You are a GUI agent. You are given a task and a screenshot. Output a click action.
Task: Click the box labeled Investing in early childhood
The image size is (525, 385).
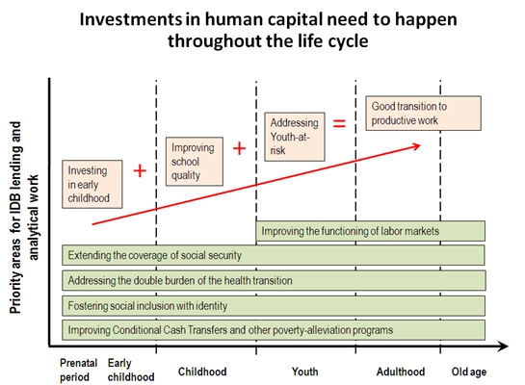tap(92, 184)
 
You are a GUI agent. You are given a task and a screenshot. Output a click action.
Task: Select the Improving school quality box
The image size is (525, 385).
tap(195, 162)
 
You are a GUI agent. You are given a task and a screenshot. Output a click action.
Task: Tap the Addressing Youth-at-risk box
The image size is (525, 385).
tap(295, 137)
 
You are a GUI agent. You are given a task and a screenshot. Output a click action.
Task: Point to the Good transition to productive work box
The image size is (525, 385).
tap(423, 114)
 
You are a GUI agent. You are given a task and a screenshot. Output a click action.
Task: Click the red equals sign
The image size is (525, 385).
tap(339, 124)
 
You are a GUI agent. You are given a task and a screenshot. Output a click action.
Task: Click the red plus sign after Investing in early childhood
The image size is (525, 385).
tap(140, 171)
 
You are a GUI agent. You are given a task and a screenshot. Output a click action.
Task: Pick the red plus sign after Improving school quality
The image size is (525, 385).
tap(239, 148)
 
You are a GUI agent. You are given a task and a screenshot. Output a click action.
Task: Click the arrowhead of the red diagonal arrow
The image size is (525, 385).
tap(417, 146)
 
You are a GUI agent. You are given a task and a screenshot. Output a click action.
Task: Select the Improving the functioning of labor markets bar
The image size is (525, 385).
tap(370, 231)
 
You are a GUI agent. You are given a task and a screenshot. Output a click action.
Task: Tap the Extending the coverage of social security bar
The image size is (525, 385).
tap(274, 255)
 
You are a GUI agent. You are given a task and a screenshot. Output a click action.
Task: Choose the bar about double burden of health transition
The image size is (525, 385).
tap(274, 280)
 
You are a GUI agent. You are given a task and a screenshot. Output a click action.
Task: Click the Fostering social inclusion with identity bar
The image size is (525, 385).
tap(274, 306)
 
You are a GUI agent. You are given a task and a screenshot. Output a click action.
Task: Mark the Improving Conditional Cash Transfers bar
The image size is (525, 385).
tap(274, 330)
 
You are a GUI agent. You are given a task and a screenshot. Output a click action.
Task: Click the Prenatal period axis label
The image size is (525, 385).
tap(78, 370)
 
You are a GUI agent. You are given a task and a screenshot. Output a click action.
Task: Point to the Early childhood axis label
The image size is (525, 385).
tap(131, 370)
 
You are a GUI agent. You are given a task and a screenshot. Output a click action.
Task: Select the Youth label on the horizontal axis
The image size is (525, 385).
tap(304, 372)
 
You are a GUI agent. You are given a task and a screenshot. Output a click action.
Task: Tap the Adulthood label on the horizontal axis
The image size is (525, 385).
tap(401, 372)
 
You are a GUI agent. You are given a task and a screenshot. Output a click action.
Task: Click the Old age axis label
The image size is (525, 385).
tap(469, 372)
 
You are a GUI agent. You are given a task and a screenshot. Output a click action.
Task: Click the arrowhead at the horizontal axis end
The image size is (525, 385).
tap(504, 346)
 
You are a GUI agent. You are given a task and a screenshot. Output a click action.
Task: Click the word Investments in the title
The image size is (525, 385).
tap(131, 19)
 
